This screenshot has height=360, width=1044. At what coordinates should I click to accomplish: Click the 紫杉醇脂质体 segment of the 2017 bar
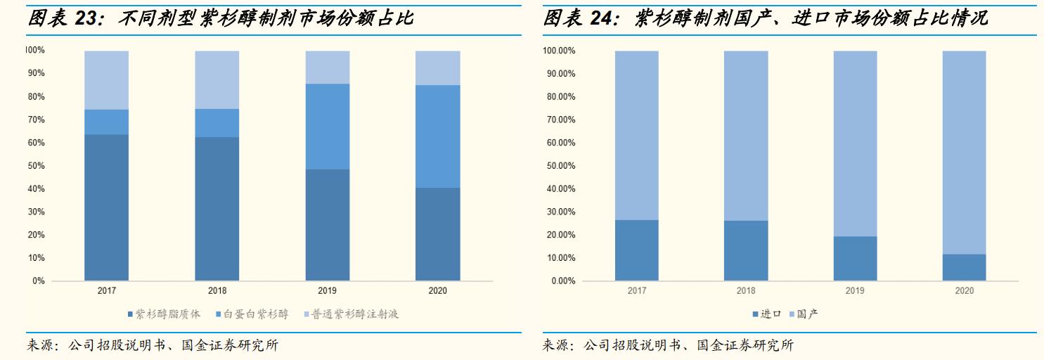pyautogui.click(x=106, y=207)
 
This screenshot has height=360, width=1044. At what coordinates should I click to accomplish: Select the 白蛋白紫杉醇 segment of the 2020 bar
pyautogui.click(x=437, y=136)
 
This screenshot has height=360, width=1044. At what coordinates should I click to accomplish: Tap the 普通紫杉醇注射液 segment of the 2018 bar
pyautogui.click(x=217, y=79)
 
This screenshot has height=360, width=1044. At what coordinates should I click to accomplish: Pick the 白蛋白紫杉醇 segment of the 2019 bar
pyautogui.click(x=327, y=127)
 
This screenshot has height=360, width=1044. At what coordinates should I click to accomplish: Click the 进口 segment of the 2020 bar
pyautogui.click(x=964, y=267)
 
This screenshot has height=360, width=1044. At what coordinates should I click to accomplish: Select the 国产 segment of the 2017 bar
pyautogui.click(x=636, y=135)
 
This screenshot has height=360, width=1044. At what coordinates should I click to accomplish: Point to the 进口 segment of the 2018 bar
pyautogui.click(x=746, y=250)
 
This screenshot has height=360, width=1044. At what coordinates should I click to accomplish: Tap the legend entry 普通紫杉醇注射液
pyautogui.click(x=355, y=314)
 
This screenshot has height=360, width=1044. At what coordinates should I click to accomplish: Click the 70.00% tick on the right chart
pyautogui.click(x=561, y=120)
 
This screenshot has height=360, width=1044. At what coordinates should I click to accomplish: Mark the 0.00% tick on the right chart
pyautogui.click(x=563, y=281)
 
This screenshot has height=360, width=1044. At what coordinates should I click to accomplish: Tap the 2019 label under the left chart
pyautogui.click(x=327, y=290)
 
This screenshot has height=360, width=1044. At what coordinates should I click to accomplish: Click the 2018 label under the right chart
pyautogui.click(x=746, y=290)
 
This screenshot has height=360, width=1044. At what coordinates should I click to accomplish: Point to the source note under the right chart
pyautogui.click(x=668, y=346)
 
